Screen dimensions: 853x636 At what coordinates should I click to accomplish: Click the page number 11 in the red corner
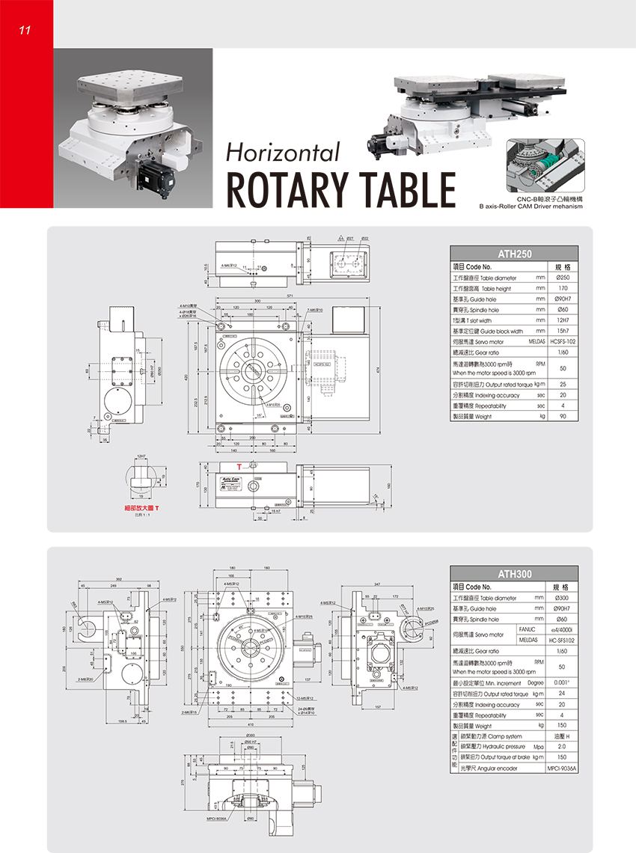pyautogui.click(x=24, y=31)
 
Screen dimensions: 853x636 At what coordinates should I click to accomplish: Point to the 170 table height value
pyautogui.click(x=563, y=288)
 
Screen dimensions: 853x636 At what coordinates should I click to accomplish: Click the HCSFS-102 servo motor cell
pyautogui.click(x=563, y=341)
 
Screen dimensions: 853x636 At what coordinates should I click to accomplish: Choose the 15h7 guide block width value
pyautogui.click(x=563, y=331)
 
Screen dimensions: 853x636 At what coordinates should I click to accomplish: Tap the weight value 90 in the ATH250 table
pyautogui.click(x=563, y=416)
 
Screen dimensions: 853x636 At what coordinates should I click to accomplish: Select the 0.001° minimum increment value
pyautogui.click(x=561, y=683)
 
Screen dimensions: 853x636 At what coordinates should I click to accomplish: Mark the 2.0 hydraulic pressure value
pyautogui.click(x=561, y=747)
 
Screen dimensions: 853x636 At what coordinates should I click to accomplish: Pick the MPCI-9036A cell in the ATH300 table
pyautogui.click(x=563, y=768)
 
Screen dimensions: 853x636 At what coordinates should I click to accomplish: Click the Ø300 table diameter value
pyautogui.click(x=562, y=599)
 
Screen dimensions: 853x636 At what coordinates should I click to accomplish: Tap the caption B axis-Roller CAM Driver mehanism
pyautogui.click(x=530, y=206)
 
